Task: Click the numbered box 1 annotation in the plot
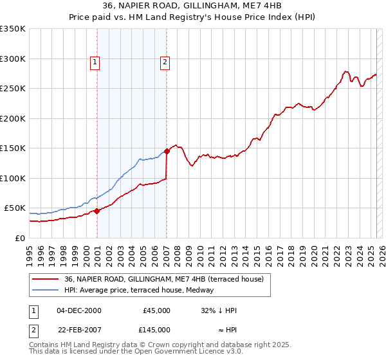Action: (95, 62)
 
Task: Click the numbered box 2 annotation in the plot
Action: (165, 62)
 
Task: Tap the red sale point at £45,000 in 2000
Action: (97, 211)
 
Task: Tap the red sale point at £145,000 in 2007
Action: (167, 151)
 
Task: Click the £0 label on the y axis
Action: (19, 238)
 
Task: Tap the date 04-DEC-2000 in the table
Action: (79, 310)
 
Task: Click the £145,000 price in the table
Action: (156, 330)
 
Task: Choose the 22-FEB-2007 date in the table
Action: (79, 330)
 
